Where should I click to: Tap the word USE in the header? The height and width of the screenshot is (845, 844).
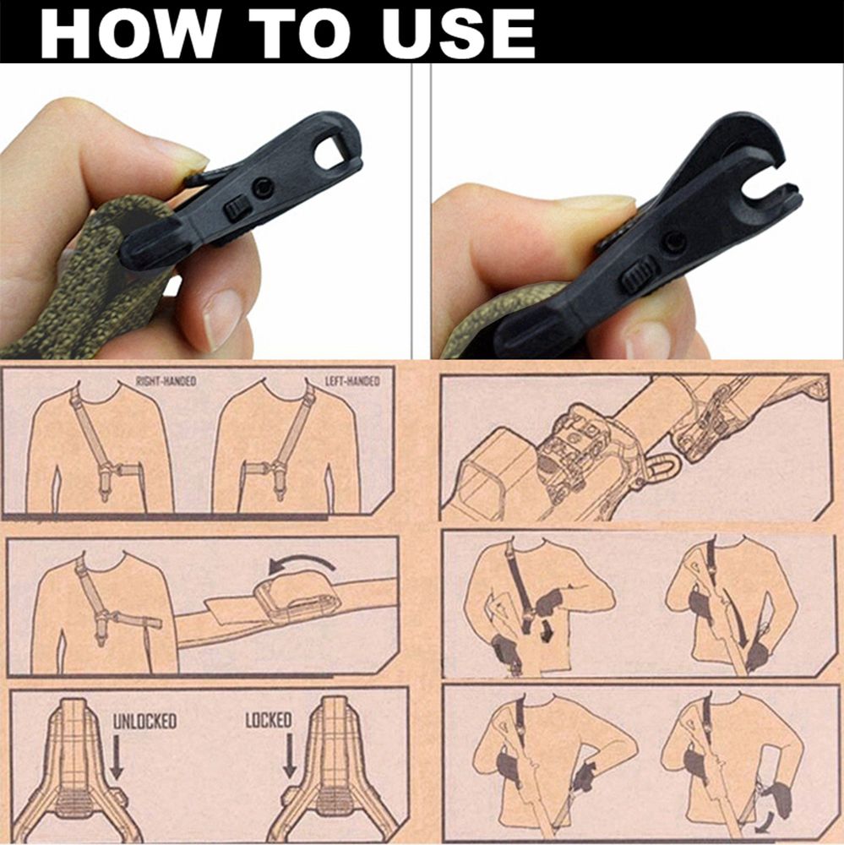458,34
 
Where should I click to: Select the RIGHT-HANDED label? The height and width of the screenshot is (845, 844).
166,381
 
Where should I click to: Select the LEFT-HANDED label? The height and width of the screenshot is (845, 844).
352,381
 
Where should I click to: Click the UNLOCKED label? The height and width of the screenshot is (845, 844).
144,722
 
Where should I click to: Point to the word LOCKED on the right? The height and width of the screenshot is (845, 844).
269,720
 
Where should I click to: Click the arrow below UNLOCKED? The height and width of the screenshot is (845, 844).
117,756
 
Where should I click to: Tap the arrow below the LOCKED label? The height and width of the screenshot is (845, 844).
290,755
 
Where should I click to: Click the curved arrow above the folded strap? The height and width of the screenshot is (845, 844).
302,560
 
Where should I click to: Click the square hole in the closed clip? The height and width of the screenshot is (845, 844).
331,150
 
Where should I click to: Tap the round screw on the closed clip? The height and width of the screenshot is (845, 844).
264,187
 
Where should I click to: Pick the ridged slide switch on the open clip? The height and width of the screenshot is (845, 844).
640,275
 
